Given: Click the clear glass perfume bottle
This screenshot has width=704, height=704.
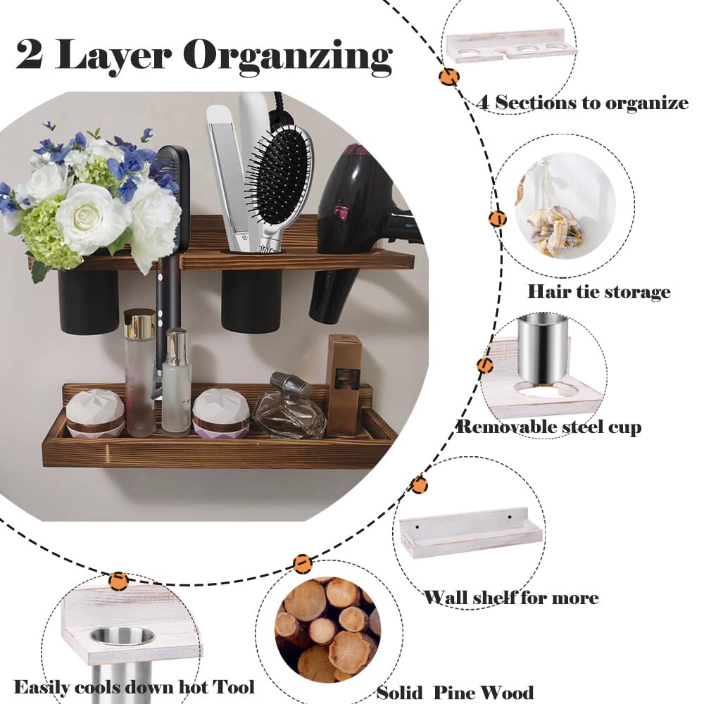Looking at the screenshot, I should tap(289, 412).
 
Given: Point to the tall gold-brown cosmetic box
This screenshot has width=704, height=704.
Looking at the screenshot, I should tap(344, 384).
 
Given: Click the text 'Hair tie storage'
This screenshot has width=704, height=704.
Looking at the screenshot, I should tap(598, 291).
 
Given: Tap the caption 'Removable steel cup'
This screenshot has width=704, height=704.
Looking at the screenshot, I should tap(549, 427).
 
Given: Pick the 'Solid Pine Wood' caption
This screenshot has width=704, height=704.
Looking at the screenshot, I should tap(455, 692).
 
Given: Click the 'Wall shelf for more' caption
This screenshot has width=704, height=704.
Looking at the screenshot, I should tap(511, 598).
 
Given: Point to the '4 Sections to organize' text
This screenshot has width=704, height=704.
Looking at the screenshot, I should tap(582, 103).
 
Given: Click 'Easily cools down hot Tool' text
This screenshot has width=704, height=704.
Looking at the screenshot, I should tap(134, 687).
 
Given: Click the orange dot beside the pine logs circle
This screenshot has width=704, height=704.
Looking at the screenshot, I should tap(303, 563).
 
